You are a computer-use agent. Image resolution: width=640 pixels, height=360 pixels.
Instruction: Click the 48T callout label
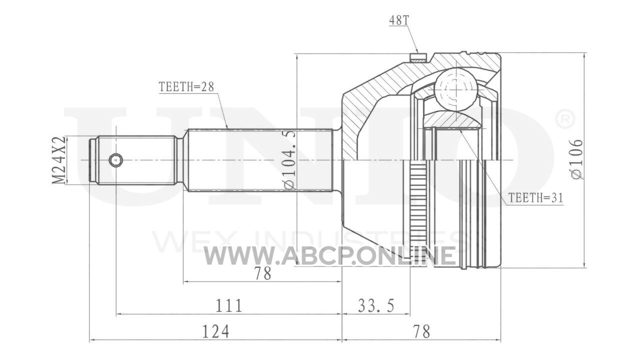tap(399, 20)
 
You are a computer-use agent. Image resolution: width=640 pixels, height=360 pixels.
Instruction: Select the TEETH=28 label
tap(186, 87)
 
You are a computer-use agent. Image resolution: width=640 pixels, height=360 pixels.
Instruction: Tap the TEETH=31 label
tap(535, 197)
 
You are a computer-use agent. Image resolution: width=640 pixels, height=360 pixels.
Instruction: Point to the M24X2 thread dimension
tap(58, 160)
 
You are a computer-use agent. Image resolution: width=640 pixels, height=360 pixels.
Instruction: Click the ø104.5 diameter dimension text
tap(288, 160)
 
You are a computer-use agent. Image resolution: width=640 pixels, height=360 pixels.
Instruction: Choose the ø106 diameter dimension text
tap(576, 159)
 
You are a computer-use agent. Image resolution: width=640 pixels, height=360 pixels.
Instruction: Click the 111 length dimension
tap(228, 305)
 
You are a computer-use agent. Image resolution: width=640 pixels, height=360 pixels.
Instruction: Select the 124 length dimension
tap(215, 331)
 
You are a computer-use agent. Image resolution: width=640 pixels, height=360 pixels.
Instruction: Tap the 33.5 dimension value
tap(376, 305)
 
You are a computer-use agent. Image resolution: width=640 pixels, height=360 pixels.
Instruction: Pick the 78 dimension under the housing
tap(421, 331)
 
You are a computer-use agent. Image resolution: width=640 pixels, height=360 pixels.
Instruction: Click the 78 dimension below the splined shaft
tap(262, 273)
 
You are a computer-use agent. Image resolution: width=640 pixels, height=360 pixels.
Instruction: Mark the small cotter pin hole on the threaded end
tap(116, 160)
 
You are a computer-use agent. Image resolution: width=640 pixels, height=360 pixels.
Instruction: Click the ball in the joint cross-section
tap(456, 89)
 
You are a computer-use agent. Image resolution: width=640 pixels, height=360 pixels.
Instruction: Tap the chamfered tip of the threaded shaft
tap(92, 160)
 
